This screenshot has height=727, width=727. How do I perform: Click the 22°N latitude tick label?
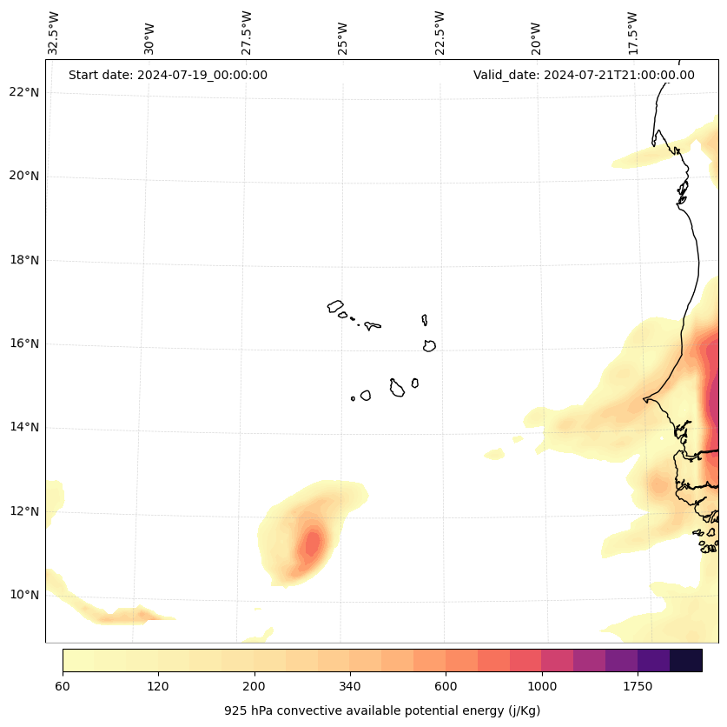tap(25, 92)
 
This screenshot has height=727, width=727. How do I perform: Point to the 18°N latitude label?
tap(25, 260)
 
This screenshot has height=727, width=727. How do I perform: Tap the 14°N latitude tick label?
tap(25, 427)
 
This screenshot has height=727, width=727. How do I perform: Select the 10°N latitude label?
tap(25, 595)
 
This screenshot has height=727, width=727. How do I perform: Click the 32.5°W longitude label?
tap(54, 33)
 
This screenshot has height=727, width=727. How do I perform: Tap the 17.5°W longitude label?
tap(632, 33)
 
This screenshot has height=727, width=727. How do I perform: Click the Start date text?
tap(168, 75)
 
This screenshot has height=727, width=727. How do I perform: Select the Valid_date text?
tap(584, 75)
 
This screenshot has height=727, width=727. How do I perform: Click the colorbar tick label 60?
tap(63, 687)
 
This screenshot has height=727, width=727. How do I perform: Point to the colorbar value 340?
tap(350, 687)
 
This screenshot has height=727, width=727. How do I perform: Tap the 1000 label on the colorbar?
tap(541, 687)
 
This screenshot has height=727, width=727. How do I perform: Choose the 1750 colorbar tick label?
tap(638, 687)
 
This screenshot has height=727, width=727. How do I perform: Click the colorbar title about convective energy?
tap(382, 710)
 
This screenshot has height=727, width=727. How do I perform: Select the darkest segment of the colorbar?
tap(685, 660)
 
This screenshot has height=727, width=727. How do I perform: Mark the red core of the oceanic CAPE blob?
tap(311, 544)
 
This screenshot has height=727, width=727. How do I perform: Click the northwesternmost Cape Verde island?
tap(335, 306)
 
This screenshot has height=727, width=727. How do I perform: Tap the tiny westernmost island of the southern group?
tap(353, 398)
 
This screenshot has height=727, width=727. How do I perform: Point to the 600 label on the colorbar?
tap(446, 687)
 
